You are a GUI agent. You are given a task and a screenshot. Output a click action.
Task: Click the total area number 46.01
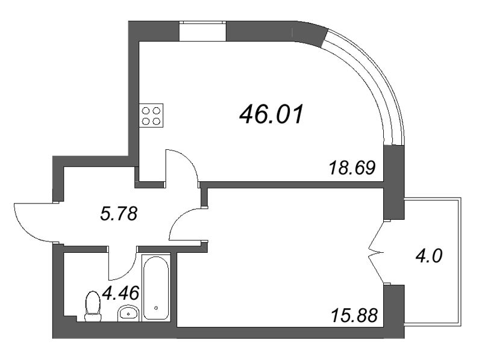pyautogui.click(x=272, y=113)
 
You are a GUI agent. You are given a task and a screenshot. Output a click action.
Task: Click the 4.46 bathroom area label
pyautogui.click(x=122, y=293)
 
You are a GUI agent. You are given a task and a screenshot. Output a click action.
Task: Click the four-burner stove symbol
pyautogui.click(x=151, y=115)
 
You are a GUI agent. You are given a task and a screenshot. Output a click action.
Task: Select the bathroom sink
pyautogui.click(x=128, y=312)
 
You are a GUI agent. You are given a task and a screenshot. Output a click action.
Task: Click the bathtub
pyautogui.click(x=157, y=286)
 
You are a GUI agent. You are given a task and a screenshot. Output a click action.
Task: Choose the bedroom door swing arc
pyautogui.click(x=186, y=225)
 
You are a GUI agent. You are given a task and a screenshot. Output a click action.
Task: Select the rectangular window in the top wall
pyautogui.click(x=202, y=31)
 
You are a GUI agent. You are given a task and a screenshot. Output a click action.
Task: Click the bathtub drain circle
pyautogui.click(x=156, y=308)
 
